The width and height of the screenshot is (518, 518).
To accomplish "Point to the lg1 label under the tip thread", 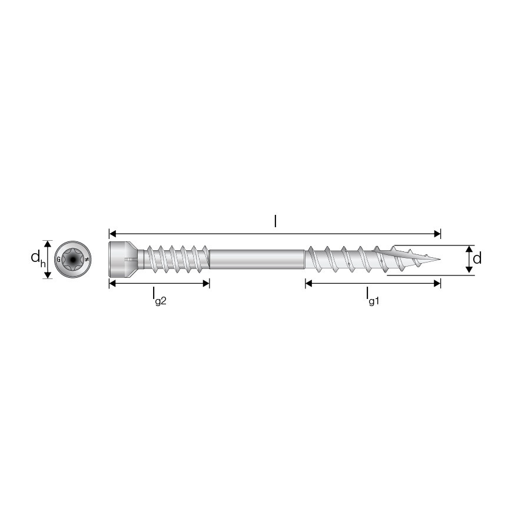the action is click(373, 296).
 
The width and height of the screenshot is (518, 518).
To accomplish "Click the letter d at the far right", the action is click(477, 258).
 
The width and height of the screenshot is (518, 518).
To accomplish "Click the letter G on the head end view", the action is click(58, 260).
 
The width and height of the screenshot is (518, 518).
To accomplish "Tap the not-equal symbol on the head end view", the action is click(87, 260).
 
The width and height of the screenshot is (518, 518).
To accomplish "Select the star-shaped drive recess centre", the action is click(72, 260).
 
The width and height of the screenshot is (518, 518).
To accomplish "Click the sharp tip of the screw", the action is click(440, 260).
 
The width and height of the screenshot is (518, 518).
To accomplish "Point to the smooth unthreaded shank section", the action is click(257, 260).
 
